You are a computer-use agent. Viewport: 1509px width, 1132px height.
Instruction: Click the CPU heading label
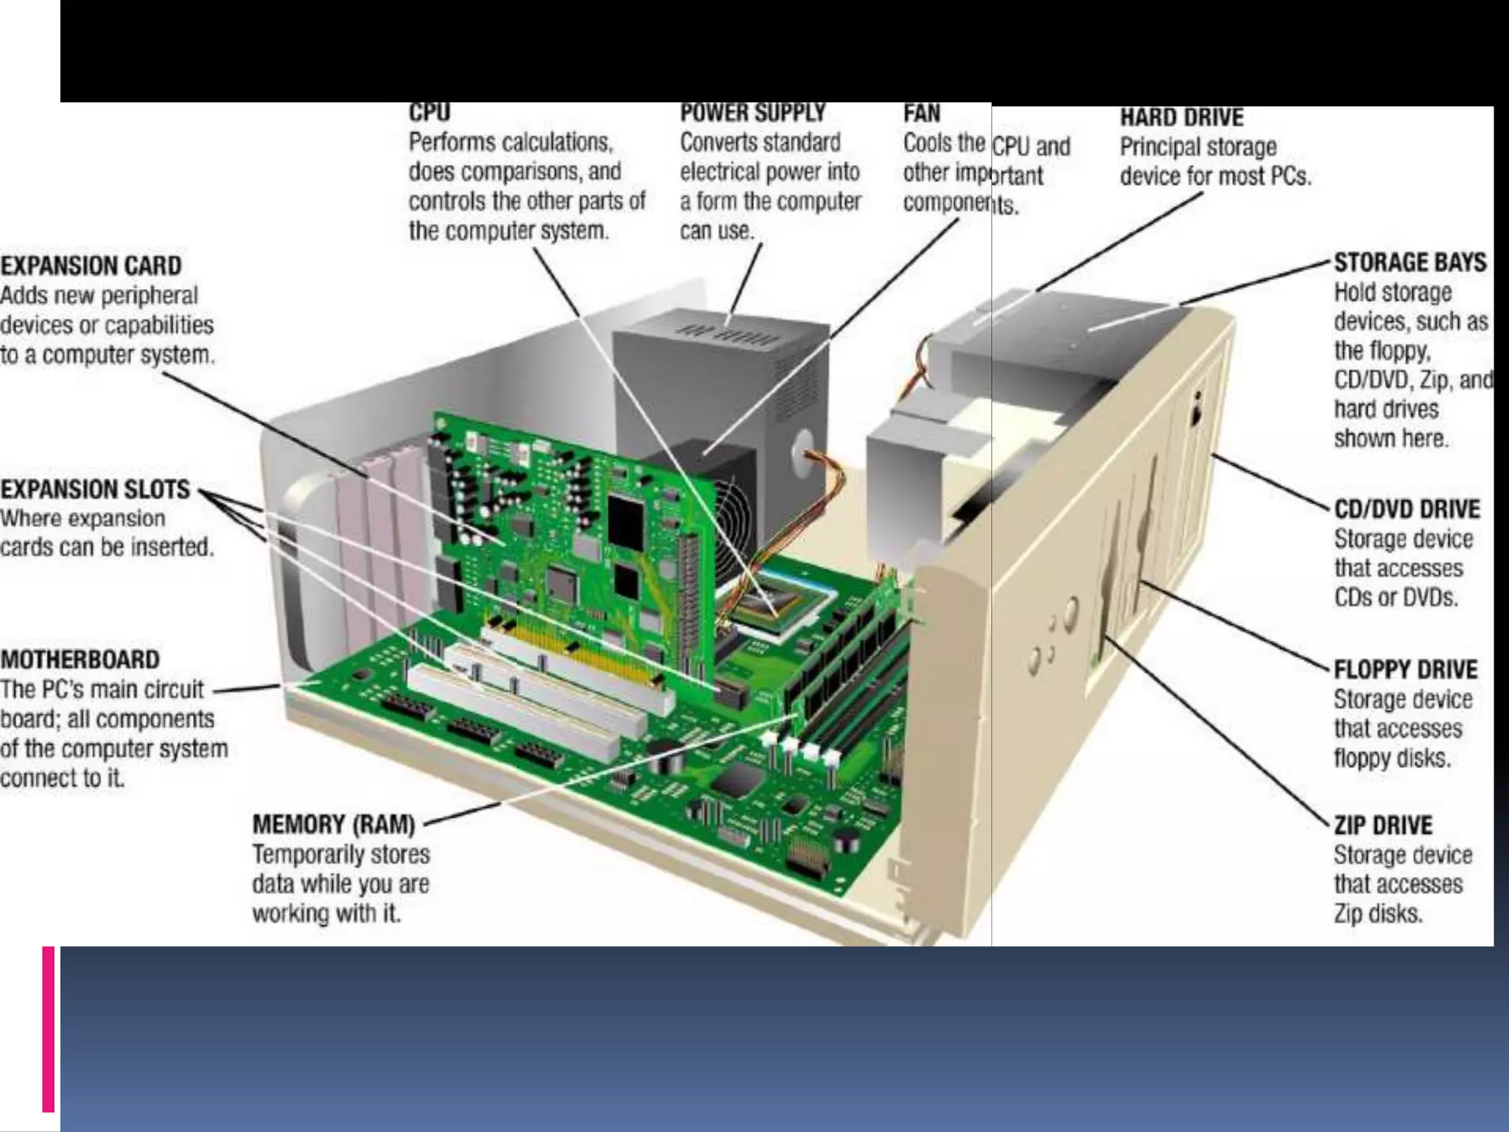(x=429, y=112)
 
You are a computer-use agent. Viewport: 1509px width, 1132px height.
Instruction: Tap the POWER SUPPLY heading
(x=752, y=113)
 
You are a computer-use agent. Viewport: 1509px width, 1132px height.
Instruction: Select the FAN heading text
(x=922, y=113)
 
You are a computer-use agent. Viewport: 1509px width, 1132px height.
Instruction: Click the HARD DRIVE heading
(x=1181, y=118)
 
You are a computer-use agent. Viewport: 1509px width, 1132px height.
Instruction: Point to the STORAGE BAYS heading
(x=1410, y=262)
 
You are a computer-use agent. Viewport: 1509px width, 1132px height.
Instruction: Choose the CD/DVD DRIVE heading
(x=1407, y=509)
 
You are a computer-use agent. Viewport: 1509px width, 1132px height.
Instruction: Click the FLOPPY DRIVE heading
(x=1405, y=669)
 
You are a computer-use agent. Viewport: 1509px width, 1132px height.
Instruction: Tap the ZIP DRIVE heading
(x=1383, y=825)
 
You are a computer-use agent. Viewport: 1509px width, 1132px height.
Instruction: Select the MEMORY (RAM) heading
(x=334, y=824)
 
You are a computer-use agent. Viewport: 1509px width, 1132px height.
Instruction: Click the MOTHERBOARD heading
(x=80, y=660)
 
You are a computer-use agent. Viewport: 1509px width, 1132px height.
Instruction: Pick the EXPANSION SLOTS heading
(x=95, y=489)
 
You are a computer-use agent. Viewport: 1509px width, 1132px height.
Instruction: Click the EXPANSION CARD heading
(x=91, y=265)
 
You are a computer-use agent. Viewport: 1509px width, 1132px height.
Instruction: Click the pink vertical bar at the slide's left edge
(x=49, y=1028)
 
